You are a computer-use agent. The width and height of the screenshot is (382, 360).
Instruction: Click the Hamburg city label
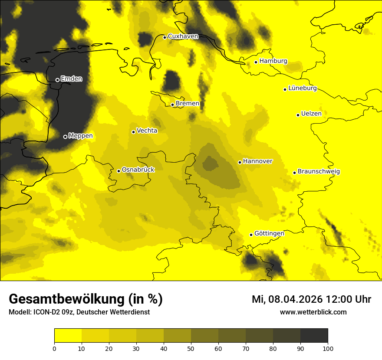[273, 61]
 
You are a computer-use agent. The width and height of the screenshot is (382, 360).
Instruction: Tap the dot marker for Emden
[57, 80]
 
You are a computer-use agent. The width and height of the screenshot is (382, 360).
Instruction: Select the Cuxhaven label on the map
[183, 36]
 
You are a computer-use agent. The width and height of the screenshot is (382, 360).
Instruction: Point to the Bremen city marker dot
[172, 105]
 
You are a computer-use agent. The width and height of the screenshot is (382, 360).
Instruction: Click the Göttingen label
[269, 234]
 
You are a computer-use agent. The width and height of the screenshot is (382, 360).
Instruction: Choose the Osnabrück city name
[138, 170]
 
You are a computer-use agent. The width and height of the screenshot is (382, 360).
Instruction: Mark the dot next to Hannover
[240, 162]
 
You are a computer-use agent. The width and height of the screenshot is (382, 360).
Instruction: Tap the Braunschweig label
[319, 172]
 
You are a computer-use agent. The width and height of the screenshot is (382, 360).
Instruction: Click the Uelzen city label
[311, 114]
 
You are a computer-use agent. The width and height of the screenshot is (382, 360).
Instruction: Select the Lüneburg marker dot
[285, 89]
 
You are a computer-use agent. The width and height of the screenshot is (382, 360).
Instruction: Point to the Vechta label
[147, 131]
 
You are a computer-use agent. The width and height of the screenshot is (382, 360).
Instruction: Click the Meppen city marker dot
[65, 137]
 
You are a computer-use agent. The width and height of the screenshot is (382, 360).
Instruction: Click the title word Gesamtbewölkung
[67, 299]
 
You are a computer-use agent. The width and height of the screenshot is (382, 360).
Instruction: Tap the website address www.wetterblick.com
[313, 312]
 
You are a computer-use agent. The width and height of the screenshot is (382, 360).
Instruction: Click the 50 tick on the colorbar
[191, 348]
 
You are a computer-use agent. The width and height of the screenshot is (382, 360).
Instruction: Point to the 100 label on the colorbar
[328, 348]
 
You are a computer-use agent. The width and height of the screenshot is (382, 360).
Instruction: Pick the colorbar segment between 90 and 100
[314, 336]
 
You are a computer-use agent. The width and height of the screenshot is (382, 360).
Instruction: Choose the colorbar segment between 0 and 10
[68, 336]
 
